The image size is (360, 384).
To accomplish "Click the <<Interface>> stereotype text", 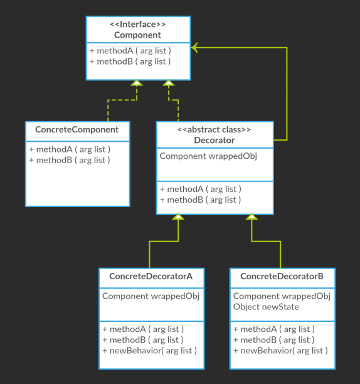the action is click(x=138, y=24).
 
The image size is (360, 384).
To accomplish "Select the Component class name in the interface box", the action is click(x=137, y=35).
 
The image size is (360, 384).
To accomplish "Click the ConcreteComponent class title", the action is click(x=77, y=129).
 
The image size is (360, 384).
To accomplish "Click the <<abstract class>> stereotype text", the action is click(x=214, y=129).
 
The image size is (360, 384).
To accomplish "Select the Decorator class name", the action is click(x=214, y=141).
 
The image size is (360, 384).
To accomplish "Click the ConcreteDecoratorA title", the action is click(x=151, y=276).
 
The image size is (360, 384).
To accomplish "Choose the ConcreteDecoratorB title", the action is click(x=282, y=276).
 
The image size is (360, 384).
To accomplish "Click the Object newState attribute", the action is click(x=266, y=307).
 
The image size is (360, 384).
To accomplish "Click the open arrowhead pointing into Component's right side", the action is click(x=194, y=48).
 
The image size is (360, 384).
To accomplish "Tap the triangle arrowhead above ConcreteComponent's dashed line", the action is click(x=137, y=83).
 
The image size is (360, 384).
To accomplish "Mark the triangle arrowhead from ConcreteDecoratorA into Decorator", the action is click(x=178, y=216).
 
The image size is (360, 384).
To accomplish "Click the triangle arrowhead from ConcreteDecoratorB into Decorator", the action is click(x=251, y=216).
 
